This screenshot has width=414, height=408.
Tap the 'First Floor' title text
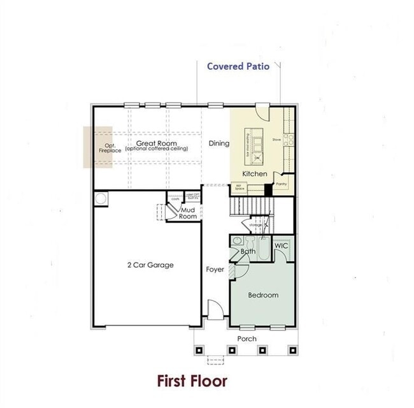tap(192, 381)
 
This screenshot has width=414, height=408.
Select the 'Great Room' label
tap(156, 143)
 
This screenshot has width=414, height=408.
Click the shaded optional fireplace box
tap(98, 147)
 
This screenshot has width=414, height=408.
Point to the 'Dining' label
tap(218, 143)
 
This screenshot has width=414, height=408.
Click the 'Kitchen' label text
tap(254, 174)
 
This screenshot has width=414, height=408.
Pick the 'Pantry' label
tap(282, 184)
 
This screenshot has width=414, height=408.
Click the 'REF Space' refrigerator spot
tap(239, 188)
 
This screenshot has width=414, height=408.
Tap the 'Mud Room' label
tap(187, 213)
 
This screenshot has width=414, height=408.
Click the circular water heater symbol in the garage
tap(101, 200)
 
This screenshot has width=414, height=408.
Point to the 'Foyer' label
tap(215, 270)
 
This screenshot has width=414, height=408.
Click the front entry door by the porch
tap(215, 310)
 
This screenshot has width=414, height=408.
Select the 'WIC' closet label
tap(282, 246)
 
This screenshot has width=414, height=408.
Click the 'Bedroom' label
tap(262, 295)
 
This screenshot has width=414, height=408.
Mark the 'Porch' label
tap(246, 338)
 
